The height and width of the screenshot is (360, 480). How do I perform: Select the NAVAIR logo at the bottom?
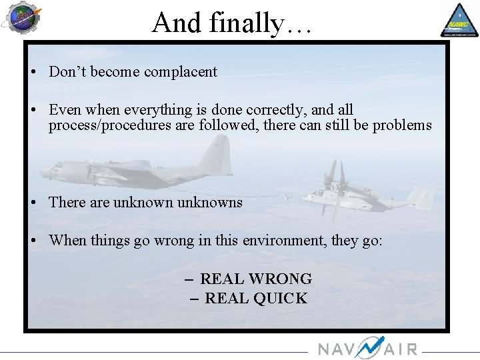367,348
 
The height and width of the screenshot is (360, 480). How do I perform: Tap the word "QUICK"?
281,299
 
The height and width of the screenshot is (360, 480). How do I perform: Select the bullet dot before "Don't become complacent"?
33,73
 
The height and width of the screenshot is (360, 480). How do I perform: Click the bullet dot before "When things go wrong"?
33,241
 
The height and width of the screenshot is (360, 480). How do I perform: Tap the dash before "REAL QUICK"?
194,299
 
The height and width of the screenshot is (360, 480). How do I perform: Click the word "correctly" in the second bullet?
274,109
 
